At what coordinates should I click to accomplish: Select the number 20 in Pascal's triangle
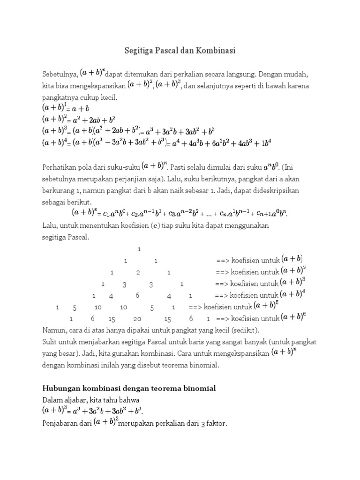coord(137,319)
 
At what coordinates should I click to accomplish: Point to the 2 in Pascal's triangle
coord(138,272)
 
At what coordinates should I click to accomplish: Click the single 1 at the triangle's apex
coord(139,248)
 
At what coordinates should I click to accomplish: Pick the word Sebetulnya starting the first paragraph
coord(60,75)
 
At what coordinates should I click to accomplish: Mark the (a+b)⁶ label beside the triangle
coord(293,318)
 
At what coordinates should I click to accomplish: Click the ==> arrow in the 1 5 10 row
coord(195,307)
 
